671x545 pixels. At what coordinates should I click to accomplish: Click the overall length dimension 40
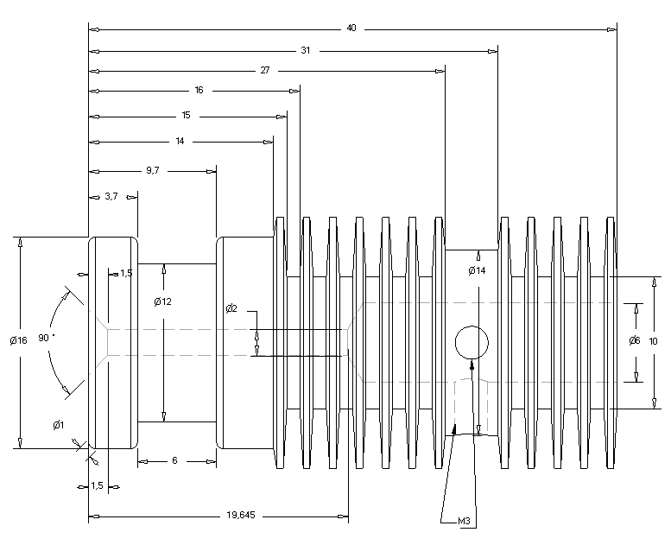coord(351,29)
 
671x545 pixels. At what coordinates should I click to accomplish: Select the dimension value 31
coord(305,50)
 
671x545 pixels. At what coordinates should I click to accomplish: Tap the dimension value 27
coord(264,70)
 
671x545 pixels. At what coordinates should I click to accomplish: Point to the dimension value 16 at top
coord(199,90)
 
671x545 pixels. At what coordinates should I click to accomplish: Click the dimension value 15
coord(186,115)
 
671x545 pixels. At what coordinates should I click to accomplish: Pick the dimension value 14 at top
coord(180,140)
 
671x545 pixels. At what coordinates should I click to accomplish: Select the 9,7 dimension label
coord(152,170)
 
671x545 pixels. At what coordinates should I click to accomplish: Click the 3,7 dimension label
coord(111,197)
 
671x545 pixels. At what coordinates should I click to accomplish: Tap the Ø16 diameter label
coord(19,340)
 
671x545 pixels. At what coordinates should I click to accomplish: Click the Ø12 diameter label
coord(162,301)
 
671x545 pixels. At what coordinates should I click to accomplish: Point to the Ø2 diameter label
coord(231,309)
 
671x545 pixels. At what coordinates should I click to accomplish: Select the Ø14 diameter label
coord(477,271)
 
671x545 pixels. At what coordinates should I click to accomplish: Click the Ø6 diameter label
coord(634,340)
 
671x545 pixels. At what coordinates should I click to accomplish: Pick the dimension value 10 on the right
coord(653,341)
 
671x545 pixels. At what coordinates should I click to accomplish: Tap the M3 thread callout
coord(464,521)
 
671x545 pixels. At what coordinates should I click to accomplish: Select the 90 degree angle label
coord(43,338)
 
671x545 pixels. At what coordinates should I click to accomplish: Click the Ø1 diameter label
coord(58,424)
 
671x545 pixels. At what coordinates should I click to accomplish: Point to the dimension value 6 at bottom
coord(174,460)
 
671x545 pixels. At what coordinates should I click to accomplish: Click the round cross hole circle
coord(471,342)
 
